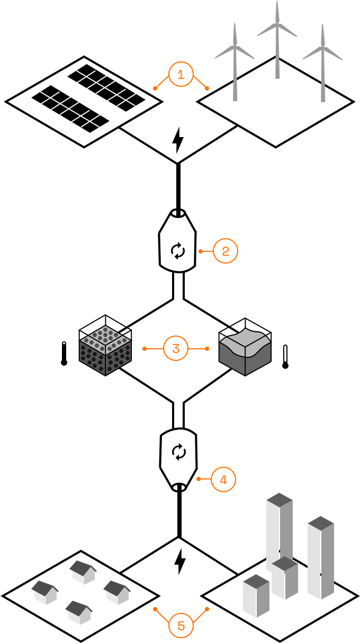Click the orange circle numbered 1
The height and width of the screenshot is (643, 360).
181,74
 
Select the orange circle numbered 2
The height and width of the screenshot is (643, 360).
226,251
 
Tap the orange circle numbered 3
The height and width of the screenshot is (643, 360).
176,348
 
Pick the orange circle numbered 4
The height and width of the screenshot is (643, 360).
223,479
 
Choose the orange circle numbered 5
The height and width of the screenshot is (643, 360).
181,626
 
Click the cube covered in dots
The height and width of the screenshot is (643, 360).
105,350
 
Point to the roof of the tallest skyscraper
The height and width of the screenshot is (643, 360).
280,500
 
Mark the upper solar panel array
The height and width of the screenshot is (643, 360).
106,88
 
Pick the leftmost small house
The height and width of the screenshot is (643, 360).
45,593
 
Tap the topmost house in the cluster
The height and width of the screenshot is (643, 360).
83,573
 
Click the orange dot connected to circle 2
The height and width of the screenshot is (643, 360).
201,251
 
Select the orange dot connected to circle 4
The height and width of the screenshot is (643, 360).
199,479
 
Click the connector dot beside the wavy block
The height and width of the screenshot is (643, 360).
207,349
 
